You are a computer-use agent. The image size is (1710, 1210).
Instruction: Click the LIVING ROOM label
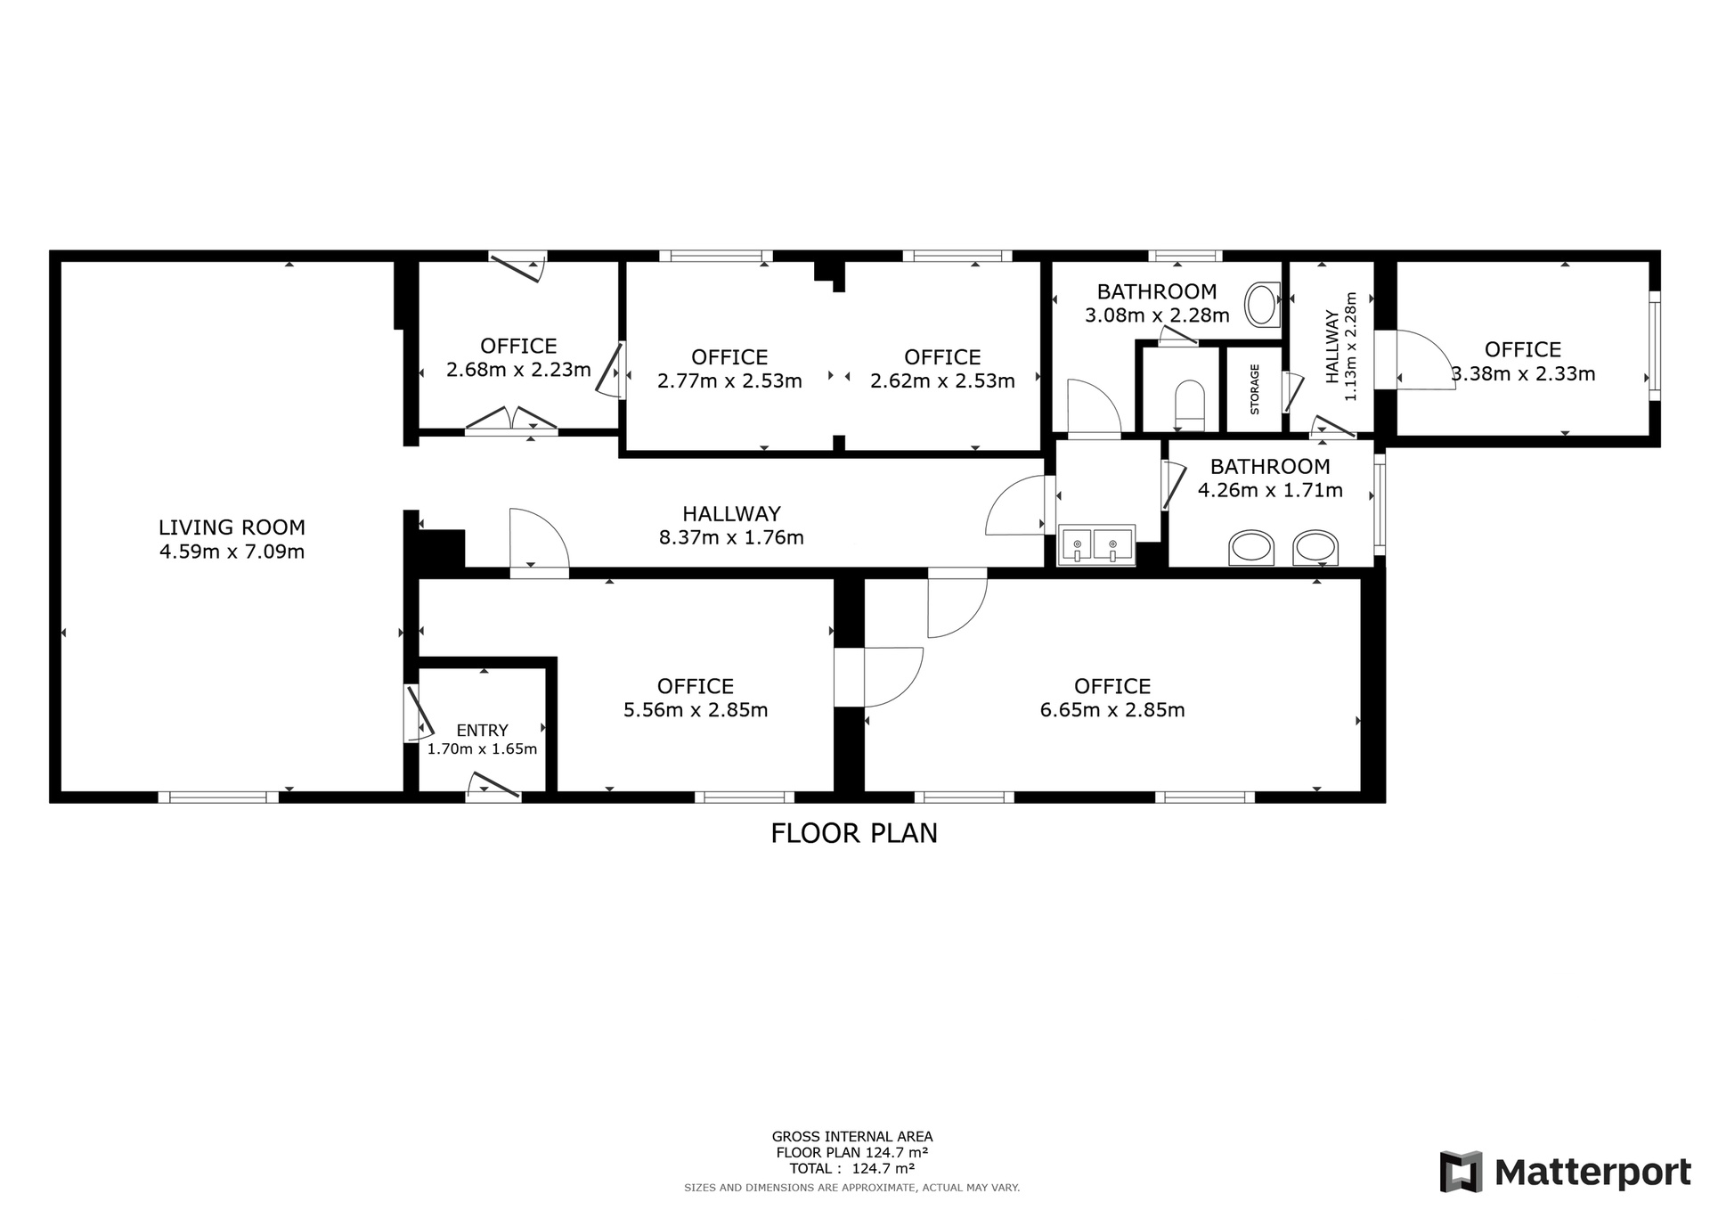(x=232, y=527)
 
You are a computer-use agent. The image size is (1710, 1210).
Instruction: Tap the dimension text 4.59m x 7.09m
(x=232, y=552)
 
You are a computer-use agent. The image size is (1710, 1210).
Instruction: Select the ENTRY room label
(x=482, y=731)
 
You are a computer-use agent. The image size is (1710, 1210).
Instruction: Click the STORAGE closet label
(x=1255, y=389)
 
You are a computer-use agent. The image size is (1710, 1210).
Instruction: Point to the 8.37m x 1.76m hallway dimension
(x=731, y=537)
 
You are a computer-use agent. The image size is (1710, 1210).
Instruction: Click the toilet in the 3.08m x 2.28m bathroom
(x=1261, y=305)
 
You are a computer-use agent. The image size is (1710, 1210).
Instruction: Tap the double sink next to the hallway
(x=1096, y=545)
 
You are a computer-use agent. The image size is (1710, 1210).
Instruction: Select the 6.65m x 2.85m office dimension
(x=1112, y=710)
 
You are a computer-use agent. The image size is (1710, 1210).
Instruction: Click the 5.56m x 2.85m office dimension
(x=696, y=710)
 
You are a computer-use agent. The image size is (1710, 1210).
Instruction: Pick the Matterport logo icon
(x=1462, y=1172)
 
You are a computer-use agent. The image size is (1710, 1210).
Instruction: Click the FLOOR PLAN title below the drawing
(x=854, y=833)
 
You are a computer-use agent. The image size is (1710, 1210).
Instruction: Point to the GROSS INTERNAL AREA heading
(x=852, y=1136)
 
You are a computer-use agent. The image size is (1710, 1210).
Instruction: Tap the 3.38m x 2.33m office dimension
(x=1523, y=374)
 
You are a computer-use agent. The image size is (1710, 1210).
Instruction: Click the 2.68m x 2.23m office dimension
(x=518, y=370)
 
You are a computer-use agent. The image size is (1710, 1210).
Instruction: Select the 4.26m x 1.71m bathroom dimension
(x=1270, y=490)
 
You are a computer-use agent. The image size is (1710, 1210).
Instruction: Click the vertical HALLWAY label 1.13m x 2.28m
(x=1341, y=347)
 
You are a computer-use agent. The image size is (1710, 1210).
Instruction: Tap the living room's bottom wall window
(x=218, y=797)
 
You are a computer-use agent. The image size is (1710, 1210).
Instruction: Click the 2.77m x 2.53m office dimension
(x=729, y=381)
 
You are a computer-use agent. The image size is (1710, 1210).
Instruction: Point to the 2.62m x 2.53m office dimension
(x=942, y=381)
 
